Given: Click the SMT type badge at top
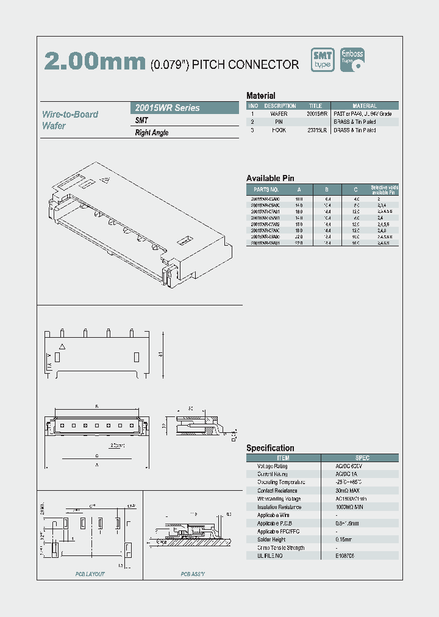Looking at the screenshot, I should [323, 60].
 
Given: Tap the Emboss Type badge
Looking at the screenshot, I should [352, 60].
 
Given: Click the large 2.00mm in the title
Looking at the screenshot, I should [95, 62].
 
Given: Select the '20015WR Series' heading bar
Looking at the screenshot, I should [186, 108].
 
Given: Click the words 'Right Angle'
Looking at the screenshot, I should [152, 133].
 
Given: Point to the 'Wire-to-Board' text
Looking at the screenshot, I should [70, 114].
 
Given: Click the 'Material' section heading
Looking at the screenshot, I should [260, 96].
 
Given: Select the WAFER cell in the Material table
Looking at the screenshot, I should [279, 114].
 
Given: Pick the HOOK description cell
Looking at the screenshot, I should [279, 130].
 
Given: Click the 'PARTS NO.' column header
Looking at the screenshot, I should [265, 190].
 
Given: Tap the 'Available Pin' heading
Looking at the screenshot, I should [270, 178].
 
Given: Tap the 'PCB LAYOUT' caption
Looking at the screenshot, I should [90, 574].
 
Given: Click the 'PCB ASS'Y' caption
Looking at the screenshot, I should [193, 574].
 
